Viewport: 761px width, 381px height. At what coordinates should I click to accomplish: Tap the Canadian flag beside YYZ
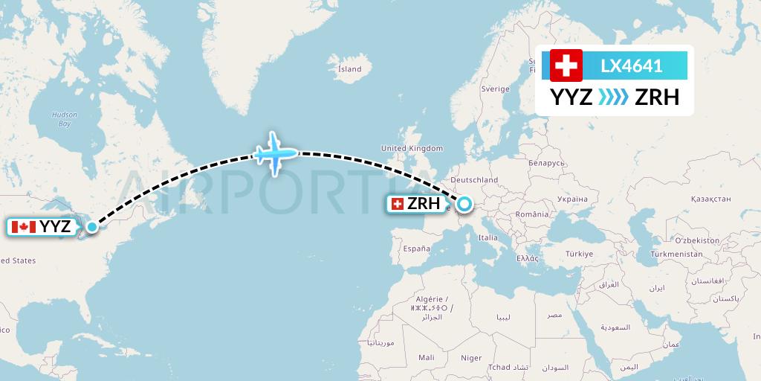coord(24,227)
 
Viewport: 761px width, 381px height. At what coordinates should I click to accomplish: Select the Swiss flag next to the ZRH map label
coord(398,203)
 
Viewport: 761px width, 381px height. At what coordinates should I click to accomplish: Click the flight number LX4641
coord(631,65)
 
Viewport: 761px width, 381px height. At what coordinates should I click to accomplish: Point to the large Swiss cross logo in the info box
coord(566,65)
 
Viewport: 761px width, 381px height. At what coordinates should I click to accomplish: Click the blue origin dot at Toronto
coord(91,227)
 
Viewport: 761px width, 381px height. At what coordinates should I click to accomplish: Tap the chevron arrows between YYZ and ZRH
coord(614,97)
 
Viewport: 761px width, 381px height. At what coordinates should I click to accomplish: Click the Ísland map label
coord(349,69)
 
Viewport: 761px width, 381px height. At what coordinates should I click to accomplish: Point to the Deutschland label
coord(474,180)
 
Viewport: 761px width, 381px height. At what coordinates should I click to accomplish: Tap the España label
coord(415,249)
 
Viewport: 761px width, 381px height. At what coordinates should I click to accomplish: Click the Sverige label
coord(495,89)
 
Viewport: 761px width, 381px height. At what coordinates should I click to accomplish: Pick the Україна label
coord(571,199)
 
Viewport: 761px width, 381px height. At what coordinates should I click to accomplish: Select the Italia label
coord(488,238)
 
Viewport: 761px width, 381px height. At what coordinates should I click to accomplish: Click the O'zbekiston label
coord(697,240)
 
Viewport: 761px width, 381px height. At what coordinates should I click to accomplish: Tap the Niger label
coord(471,358)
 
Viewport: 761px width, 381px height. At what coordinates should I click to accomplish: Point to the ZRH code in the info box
coord(657,97)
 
